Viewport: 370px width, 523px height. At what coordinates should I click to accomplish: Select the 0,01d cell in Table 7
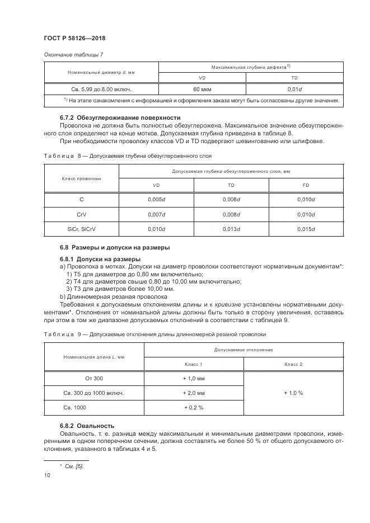(x=294, y=88)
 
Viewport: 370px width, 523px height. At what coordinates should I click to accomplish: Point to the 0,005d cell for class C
(x=156, y=199)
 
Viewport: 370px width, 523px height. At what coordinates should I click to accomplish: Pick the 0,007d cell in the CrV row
(x=156, y=214)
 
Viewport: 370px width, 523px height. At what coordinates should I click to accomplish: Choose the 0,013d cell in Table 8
(x=231, y=229)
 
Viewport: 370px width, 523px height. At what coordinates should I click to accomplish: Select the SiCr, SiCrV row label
(x=81, y=229)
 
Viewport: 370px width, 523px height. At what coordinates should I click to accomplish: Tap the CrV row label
(x=81, y=214)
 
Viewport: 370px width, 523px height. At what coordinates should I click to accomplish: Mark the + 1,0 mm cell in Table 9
(x=194, y=378)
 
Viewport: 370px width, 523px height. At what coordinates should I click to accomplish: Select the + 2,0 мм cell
(x=194, y=393)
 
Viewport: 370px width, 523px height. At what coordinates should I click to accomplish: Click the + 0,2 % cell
(x=194, y=408)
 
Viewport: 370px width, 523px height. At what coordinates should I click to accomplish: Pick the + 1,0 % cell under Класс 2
(x=293, y=393)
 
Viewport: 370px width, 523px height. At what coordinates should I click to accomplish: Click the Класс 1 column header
(x=194, y=364)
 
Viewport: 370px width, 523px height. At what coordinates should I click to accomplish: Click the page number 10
(x=47, y=475)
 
